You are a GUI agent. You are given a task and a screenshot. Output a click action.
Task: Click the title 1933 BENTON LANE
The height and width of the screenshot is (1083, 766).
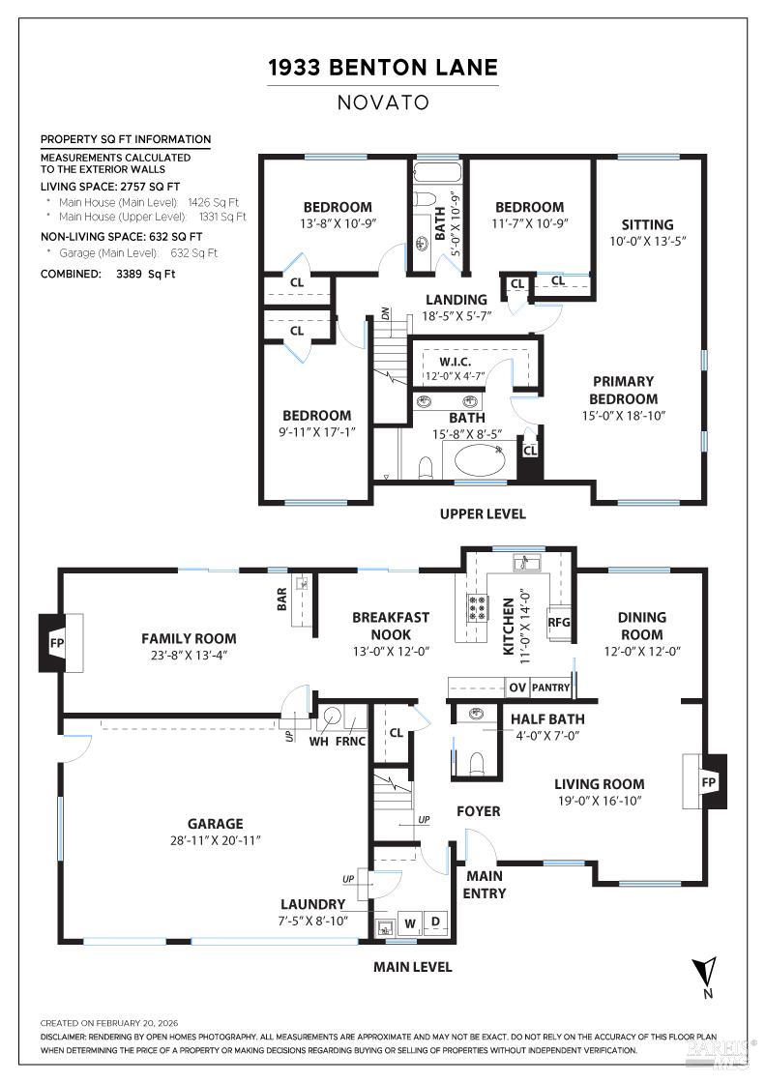point(383,67)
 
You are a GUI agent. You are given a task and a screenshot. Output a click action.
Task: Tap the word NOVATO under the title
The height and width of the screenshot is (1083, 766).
point(383,102)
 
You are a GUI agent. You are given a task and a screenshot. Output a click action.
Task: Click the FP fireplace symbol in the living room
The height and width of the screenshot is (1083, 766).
point(707,780)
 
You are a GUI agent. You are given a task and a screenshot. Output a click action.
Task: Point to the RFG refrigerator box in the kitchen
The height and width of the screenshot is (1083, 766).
point(559,623)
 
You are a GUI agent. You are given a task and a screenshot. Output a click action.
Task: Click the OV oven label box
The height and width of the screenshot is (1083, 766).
point(517,688)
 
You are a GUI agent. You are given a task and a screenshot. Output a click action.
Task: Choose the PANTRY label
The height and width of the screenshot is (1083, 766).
point(550,688)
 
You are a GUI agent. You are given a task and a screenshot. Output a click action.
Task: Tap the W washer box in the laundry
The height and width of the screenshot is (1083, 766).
point(410,922)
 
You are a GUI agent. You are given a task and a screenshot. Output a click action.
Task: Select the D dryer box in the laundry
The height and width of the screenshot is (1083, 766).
point(435,922)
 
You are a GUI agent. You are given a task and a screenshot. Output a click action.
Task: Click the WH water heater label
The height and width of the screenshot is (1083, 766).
point(318,742)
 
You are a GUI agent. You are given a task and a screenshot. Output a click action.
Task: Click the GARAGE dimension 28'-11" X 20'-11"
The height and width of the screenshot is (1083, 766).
point(215,840)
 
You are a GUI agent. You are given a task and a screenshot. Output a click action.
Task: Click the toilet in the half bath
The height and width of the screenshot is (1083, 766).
point(475,763)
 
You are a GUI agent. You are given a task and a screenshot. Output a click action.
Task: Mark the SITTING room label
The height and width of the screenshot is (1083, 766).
point(647,224)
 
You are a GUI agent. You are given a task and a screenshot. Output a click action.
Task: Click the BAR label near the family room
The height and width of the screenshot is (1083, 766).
point(281,600)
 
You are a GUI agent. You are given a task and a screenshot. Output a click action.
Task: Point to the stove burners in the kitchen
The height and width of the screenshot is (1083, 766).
point(477,606)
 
